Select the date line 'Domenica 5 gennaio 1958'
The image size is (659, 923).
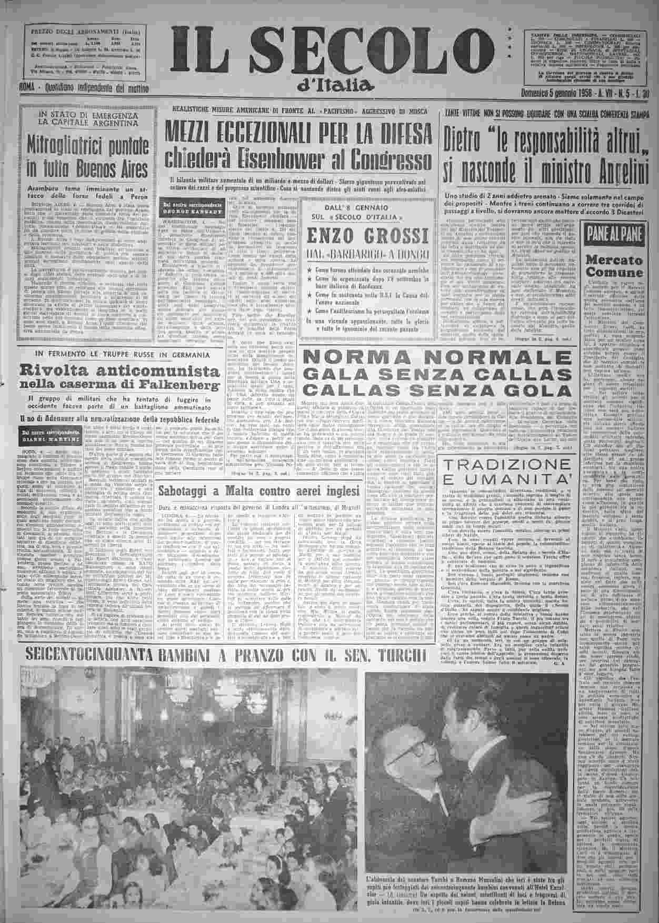[x=558, y=95]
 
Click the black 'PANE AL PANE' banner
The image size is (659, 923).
[x=614, y=231]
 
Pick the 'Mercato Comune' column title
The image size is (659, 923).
[x=614, y=266]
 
